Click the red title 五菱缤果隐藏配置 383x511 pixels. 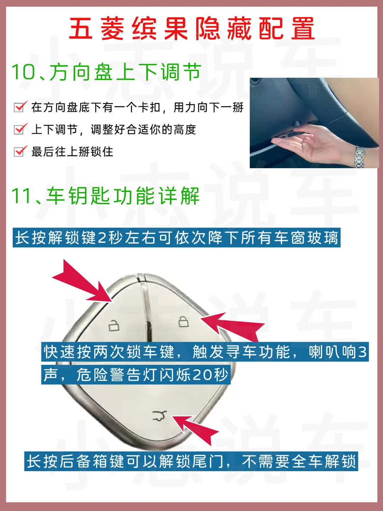point(191,29)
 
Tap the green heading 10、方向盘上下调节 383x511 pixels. point(106,72)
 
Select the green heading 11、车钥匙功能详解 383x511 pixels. point(105,196)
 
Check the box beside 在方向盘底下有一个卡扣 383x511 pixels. point(20,107)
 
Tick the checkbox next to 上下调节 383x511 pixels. point(20,129)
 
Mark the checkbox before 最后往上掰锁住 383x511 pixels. point(20,151)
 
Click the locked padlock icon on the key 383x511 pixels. point(183,322)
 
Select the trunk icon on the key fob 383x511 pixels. point(160,416)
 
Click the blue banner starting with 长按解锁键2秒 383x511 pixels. point(177,238)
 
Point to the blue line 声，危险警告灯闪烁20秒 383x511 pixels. point(136,375)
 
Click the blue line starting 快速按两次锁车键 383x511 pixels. point(205,352)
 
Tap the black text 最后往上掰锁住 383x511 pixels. point(72,152)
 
